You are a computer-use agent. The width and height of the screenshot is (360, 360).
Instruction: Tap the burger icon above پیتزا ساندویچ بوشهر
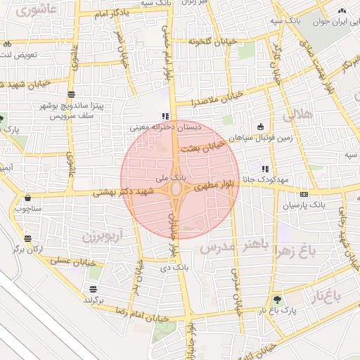click(71, 94)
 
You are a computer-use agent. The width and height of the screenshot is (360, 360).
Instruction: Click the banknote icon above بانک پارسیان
click(303, 194)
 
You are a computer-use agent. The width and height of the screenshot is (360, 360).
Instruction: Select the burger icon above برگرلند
click(94, 289)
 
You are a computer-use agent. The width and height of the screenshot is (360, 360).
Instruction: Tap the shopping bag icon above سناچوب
click(28, 198)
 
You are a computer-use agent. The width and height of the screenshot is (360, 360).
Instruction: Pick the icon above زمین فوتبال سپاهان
click(261, 127)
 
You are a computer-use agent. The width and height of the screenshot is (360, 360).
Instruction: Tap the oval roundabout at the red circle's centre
click(175, 190)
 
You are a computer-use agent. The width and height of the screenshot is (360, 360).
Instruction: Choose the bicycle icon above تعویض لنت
click(7, 44)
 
